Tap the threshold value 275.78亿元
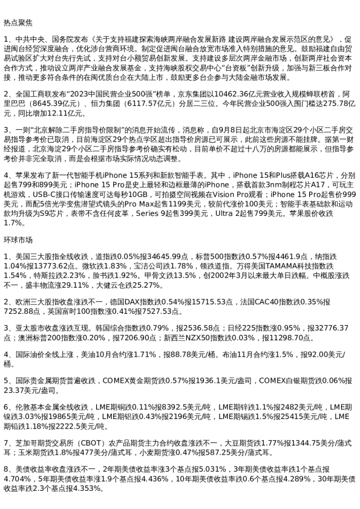[x=319, y=104]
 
